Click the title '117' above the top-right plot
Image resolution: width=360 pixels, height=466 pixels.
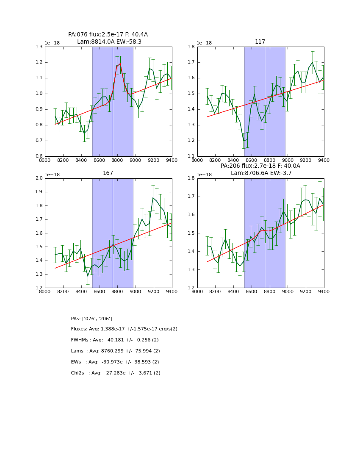pyautogui.click(x=260, y=42)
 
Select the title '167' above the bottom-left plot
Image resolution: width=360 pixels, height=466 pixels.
pyautogui.click(x=108, y=173)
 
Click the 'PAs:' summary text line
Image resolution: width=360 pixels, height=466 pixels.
pyautogui.click(x=91, y=319)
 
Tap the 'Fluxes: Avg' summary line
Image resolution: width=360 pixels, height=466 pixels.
pyautogui.click(x=124, y=329)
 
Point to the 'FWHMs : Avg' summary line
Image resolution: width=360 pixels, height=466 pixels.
pyautogui.click(x=115, y=340)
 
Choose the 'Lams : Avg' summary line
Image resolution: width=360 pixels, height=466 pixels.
pyautogui.click(x=115, y=351)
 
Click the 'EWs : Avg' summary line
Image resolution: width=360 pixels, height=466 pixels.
pyautogui.click(x=115, y=362)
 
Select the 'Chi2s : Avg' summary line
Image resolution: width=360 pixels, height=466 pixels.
pyautogui.click(x=116, y=373)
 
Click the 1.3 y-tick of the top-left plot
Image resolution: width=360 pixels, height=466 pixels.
pyautogui.click(x=39, y=47)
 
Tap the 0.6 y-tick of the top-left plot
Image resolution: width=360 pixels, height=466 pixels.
pyautogui.click(x=39, y=156)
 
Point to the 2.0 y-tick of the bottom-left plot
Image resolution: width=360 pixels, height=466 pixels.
pyautogui.click(x=39, y=178)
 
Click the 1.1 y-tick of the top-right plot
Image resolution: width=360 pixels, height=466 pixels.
pyautogui.click(x=191, y=156)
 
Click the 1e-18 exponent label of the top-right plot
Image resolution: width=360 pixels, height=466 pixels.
pyautogui.click(x=204, y=43)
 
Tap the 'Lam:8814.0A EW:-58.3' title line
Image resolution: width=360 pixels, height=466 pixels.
pyautogui.click(x=109, y=42)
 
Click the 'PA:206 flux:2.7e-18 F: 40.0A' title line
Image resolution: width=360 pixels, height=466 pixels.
pyautogui.click(x=260, y=166)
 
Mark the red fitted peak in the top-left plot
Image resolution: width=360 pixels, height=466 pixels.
pyautogui.click(x=120, y=64)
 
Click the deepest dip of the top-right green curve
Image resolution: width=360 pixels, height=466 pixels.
pyautogui.click(x=244, y=140)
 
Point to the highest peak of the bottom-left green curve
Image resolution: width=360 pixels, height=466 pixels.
pyautogui.click(x=153, y=197)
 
